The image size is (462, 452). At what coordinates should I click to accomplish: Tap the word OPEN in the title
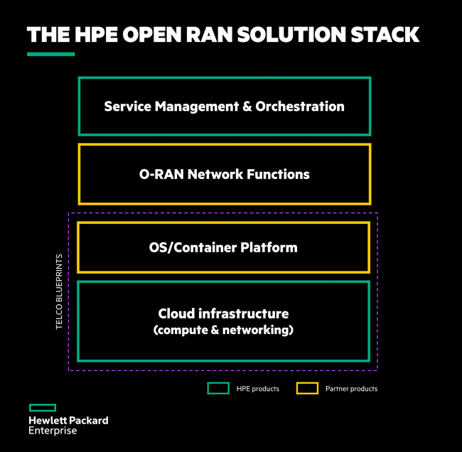(x=151, y=35)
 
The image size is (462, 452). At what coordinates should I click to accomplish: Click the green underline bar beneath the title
(x=50, y=54)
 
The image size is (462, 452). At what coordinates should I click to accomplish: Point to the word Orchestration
(x=300, y=107)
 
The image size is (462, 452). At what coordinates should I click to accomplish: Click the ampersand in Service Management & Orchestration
(x=247, y=107)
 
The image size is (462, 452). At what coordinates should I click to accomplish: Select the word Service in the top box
(x=127, y=107)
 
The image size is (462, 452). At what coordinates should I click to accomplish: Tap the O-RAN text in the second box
(x=161, y=174)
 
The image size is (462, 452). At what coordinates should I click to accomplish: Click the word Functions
(x=278, y=174)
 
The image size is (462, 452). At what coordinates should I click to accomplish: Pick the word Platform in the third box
(x=269, y=247)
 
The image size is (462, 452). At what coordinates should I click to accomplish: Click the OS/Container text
(x=193, y=247)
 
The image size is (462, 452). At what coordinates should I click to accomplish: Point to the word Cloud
(x=176, y=313)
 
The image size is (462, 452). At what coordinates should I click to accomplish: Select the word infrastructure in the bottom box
(x=244, y=313)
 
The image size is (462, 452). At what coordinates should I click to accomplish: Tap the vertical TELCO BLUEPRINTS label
(x=59, y=291)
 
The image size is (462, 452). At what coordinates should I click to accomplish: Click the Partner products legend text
(x=352, y=389)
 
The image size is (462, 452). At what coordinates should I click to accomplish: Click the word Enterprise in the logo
(x=53, y=431)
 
